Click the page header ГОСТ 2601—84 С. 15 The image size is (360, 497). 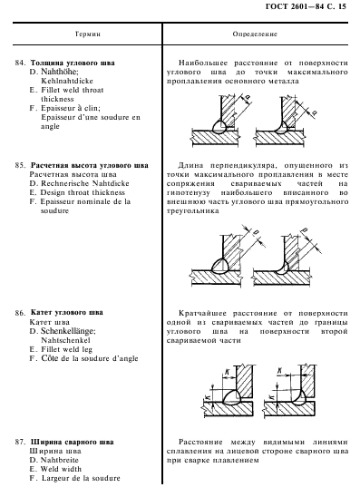pyautogui.click(x=306, y=6)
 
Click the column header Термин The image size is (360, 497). pyautogui.click(x=88, y=34)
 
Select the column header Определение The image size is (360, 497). pyautogui.click(x=255, y=34)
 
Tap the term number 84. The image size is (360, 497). pyautogui.click(x=21, y=63)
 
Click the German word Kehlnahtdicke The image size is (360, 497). pyautogui.click(x=67, y=81)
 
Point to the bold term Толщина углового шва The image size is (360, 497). pyautogui.click(x=73, y=63)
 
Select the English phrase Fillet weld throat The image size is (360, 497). pyautogui.click(x=73, y=90)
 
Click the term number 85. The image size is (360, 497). pyautogui.click(x=21, y=165)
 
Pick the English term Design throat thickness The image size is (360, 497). pyautogui.click(x=83, y=192)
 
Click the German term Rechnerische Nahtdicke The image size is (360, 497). pyautogui.click(x=85, y=183)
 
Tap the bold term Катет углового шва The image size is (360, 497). pyautogui.click(x=67, y=313)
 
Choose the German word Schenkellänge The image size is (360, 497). pyautogui.click(x=68, y=331)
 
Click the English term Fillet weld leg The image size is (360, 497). pyautogui.click(x=66, y=349)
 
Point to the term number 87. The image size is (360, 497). pyautogui.click(x=21, y=443)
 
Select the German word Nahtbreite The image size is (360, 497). pyautogui.click(x=59, y=460)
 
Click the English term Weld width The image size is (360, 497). pyautogui.click(x=61, y=469)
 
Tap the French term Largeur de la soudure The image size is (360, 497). pyautogui.click(x=81, y=478)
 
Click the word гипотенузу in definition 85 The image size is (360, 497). pyautogui.click(x=189, y=192)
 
